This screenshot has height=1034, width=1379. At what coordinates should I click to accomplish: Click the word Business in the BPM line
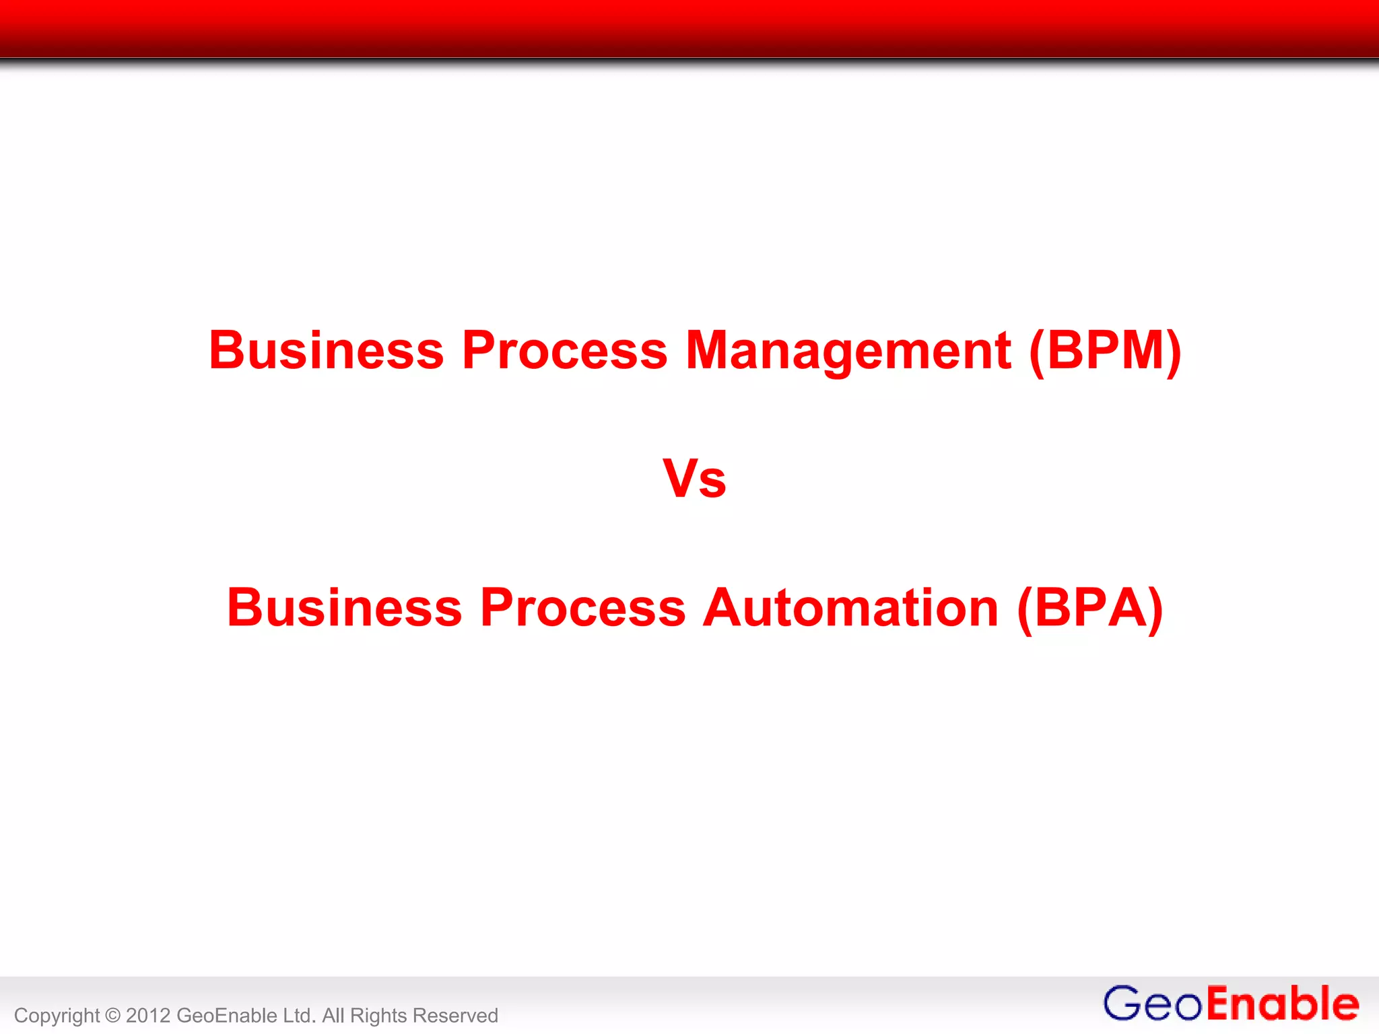326,350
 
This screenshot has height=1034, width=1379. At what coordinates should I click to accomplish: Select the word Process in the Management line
564,350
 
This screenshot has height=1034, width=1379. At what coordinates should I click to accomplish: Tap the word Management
848,350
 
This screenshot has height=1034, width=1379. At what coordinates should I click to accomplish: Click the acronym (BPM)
1105,350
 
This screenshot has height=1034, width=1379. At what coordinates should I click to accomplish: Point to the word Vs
694,479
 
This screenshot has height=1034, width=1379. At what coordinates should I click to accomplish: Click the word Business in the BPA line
344,607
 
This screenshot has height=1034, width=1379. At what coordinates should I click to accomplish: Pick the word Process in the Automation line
582,607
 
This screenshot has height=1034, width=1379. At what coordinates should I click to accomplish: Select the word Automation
850,607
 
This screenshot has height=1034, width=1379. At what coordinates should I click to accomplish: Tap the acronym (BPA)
1090,607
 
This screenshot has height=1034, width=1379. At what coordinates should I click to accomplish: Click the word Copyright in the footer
57,1016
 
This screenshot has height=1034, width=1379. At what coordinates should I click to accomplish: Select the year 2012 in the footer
147,1015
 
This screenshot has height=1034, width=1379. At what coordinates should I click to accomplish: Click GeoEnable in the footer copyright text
226,1015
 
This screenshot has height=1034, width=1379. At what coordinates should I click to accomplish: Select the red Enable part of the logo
1282,1004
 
